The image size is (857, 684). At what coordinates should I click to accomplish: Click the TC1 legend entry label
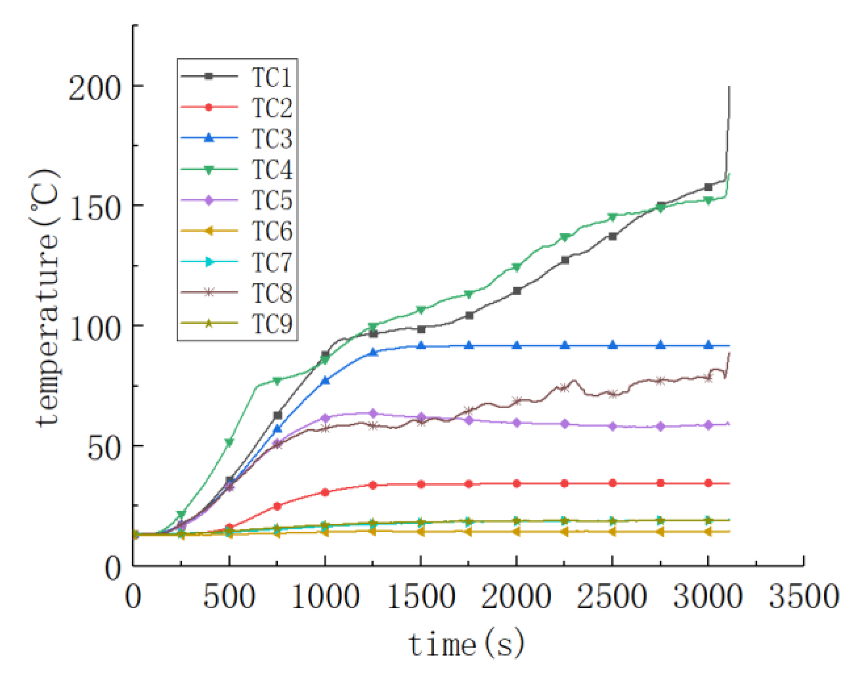point(271,77)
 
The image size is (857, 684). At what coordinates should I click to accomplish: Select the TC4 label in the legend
point(271,169)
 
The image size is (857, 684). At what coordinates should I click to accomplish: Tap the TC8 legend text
point(271,293)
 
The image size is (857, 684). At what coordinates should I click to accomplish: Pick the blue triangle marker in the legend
point(209,138)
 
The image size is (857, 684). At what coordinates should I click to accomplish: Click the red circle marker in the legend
point(209,107)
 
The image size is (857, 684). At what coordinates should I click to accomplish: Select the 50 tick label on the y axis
point(104,448)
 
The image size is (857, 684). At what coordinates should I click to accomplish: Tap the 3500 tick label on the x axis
point(803,597)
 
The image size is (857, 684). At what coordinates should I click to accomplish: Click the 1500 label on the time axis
point(420,597)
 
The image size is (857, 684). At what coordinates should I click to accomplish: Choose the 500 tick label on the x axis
point(229,597)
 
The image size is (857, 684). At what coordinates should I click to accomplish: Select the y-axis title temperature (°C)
point(46,298)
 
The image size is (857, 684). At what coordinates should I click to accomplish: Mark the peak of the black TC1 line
point(729,87)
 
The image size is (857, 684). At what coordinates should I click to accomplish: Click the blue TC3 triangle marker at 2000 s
point(517,345)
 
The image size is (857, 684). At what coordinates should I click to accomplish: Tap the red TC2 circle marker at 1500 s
point(421,484)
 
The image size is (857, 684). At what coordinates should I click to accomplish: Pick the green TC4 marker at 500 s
point(229,443)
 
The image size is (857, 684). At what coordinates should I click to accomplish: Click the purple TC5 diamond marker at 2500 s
point(612,426)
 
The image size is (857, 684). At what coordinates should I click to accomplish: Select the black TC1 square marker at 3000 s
point(708,187)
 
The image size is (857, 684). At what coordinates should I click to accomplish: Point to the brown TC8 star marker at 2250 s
point(564,387)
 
